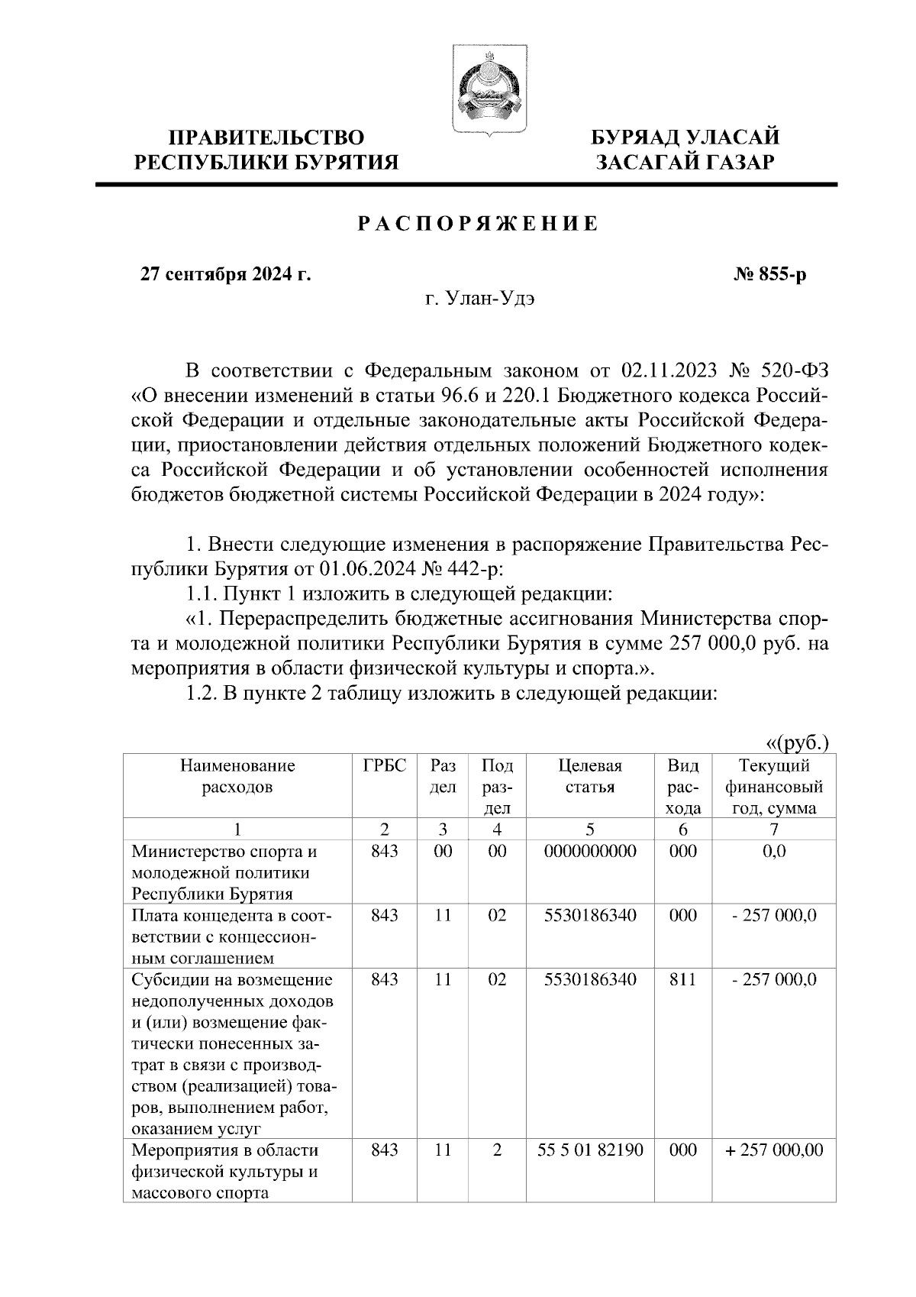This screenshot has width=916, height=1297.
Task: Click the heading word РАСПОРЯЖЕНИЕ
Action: click(478, 224)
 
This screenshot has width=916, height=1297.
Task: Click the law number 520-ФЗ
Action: click(795, 372)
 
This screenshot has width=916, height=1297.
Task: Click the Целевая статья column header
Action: click(590, 776)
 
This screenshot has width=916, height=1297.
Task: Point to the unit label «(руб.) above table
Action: click(797, 743)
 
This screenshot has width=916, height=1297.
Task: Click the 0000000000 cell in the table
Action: click(590, 851)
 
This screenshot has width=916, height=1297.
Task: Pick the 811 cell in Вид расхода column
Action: click(682, 979)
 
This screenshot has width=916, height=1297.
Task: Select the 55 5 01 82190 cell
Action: click(590, 1150)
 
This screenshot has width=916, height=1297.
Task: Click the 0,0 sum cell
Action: click(774, 851)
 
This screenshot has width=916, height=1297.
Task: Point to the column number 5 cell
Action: click(590, 830)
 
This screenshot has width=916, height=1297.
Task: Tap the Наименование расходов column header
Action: click(237, 776)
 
